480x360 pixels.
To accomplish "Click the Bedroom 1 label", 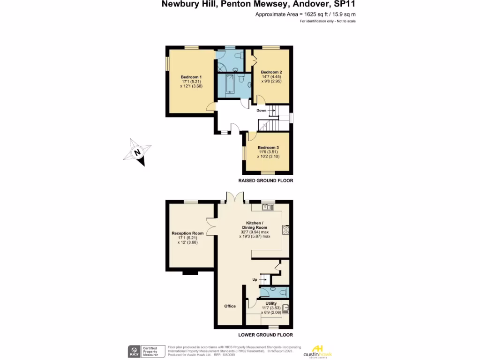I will [191, 77].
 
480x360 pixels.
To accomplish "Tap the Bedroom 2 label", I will [271, 72].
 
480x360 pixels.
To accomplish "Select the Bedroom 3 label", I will [268, 148].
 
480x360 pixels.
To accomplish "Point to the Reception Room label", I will [187, 233].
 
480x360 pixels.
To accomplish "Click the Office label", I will [230, 306].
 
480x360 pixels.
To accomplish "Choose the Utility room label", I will [271, 303].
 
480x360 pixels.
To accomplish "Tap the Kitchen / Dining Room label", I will [255, 225].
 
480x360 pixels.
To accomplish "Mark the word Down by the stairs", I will [261, 111].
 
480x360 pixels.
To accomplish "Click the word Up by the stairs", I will [255, 280].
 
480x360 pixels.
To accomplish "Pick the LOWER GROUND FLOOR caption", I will [265, 335].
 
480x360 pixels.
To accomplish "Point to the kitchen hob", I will [285, 229].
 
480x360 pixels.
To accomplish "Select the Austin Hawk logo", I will [318, 351].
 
